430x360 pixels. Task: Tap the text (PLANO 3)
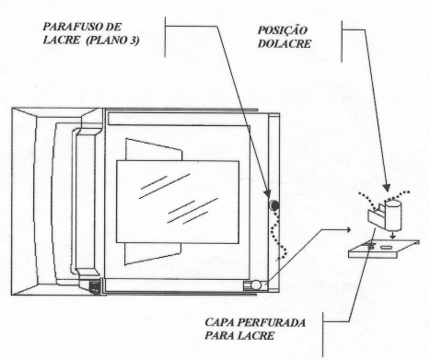[112, 41]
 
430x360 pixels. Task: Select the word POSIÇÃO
[283, 30]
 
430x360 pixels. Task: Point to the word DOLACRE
[285, 43]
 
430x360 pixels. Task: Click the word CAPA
[219, 322]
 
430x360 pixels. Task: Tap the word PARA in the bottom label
[219, 335]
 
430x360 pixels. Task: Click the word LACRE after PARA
[255, 335]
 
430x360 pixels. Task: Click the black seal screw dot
[273, 205]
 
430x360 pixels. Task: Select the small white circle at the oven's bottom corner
[256, 285]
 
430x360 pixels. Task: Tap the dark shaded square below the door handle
[95, 286]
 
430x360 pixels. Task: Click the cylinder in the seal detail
[393, 215]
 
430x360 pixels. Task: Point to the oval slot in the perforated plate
[386, 247]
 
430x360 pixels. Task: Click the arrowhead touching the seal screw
[267, 194]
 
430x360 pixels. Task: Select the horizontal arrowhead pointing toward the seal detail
[347, 229]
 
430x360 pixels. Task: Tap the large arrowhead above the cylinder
[387, 188]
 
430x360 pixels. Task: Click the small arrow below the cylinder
[392, 236]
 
